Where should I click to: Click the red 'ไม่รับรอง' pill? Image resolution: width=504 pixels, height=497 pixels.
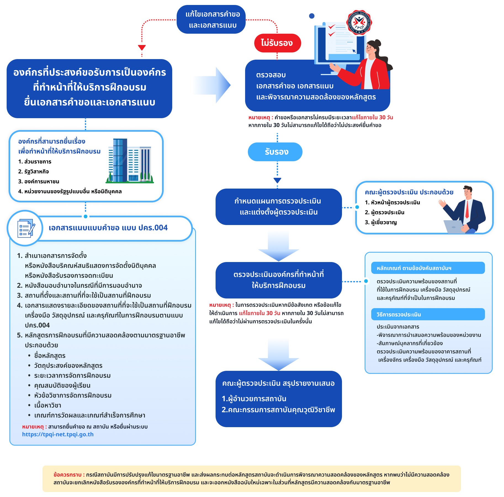277,43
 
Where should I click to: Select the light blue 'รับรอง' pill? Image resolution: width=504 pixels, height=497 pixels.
275,152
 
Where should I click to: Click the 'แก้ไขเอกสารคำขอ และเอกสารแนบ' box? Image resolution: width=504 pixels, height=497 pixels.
211,19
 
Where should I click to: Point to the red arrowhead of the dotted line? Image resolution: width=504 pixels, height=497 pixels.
142,48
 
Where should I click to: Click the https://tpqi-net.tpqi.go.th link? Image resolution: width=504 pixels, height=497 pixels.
58,434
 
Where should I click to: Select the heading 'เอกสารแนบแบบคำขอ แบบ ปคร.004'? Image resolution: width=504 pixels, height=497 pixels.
108,228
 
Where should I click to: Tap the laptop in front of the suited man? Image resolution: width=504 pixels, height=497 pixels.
454,227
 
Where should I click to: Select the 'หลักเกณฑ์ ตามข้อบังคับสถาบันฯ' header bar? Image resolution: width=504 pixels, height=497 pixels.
428,268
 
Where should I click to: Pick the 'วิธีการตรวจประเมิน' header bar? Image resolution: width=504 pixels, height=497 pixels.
428,314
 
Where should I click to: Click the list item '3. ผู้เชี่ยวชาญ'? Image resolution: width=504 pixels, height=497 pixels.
381,222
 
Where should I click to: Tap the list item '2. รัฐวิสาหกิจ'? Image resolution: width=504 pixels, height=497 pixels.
33,171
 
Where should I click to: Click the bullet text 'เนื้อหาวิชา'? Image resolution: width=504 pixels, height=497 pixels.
48,405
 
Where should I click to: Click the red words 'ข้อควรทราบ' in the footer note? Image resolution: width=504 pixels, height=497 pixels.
67,475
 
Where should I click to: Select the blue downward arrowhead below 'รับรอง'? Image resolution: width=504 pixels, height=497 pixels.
277,180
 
